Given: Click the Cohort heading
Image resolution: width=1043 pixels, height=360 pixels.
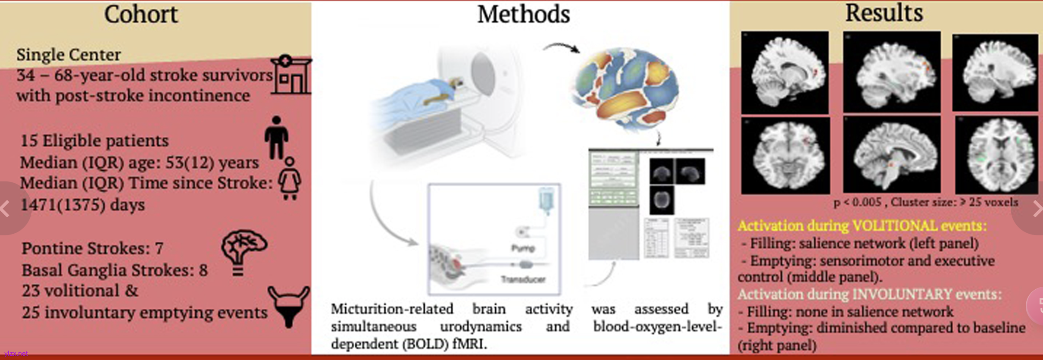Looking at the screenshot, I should coord(141,15).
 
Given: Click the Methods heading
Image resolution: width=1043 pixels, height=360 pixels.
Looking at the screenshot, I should coord(523,15).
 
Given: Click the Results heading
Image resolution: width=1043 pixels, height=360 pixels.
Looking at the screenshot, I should coord(884,13).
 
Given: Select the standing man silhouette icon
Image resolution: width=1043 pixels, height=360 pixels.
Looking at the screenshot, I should coord(276,138).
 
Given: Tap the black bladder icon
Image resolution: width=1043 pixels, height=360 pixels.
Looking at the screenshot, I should coord(289,306).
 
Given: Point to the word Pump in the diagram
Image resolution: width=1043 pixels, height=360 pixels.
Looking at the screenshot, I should coord(523,248).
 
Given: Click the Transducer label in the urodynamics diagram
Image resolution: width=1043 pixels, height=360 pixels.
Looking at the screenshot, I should coord(523,280).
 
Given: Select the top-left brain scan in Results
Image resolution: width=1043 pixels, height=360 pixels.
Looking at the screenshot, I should coord(785,72).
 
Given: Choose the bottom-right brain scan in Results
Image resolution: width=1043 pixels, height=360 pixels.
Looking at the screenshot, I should coord(996,155).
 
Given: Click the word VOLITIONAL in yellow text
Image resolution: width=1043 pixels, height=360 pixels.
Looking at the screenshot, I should coord(895,226).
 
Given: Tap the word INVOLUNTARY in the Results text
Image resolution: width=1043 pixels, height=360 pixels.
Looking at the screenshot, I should coord(902,294).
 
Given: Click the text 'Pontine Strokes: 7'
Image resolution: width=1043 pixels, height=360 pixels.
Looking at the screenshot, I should coord(92,248).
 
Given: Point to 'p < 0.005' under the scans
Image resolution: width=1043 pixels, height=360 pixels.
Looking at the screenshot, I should coord(857,202).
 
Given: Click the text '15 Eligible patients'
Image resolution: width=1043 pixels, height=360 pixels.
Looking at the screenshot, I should coord(94,141).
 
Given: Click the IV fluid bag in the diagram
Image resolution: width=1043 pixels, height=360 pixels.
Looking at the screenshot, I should coord(546,200).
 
